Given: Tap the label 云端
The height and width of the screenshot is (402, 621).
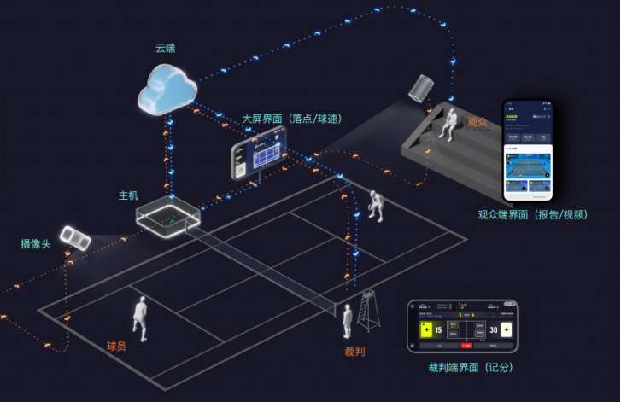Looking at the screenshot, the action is click(166, 47).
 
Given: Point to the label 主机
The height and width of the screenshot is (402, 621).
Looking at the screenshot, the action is click(128, 195).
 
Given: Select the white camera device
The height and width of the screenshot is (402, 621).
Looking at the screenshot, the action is click(75, 238).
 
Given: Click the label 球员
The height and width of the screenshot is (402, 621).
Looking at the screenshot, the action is click(117, 346).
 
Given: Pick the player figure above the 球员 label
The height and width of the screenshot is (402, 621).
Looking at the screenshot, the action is click(140, 317).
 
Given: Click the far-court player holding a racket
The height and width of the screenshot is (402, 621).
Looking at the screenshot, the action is click(375, 205).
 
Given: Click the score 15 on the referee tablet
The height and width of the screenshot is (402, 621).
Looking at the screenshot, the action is click(437, 330).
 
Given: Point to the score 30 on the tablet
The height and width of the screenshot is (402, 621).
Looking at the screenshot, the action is click(493, 330).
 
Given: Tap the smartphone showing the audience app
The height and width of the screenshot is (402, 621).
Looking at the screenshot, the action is click(527, 149).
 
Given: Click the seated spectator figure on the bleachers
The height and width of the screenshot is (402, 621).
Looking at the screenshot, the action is click(448, 122).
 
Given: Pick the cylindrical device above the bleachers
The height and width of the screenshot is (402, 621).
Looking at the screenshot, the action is click(422, 88).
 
